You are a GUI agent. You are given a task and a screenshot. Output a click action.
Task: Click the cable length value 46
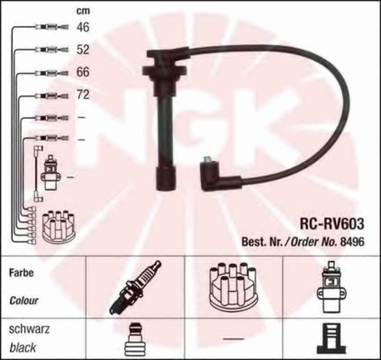83,27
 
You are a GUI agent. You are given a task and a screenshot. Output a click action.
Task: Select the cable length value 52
83,49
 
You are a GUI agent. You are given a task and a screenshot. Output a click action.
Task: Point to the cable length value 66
83,72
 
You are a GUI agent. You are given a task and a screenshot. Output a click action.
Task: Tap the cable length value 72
83,94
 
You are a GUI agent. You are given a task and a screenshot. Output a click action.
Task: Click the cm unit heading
83,11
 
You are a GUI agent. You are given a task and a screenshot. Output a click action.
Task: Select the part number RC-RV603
332,224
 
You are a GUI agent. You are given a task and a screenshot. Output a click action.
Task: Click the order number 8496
352,241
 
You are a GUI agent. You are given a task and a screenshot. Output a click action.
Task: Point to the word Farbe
21,273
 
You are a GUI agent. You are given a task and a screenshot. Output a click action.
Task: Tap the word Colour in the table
24,301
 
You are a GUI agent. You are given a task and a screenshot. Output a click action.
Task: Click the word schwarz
29,329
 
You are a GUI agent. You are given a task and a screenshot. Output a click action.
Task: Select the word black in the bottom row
23,348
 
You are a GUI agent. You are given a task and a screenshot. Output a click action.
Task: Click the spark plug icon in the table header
135,288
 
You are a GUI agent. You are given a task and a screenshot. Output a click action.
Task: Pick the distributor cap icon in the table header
232,285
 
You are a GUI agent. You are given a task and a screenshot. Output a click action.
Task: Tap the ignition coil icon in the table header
331,287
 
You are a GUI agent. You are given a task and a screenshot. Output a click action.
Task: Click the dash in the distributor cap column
234,339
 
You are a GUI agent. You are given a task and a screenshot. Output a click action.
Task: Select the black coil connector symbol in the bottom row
331,339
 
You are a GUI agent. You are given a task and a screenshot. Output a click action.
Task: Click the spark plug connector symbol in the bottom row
135,339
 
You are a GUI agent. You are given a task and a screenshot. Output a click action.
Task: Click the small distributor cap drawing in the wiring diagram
59,226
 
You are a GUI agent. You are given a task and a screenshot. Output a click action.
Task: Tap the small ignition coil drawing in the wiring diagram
50,173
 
